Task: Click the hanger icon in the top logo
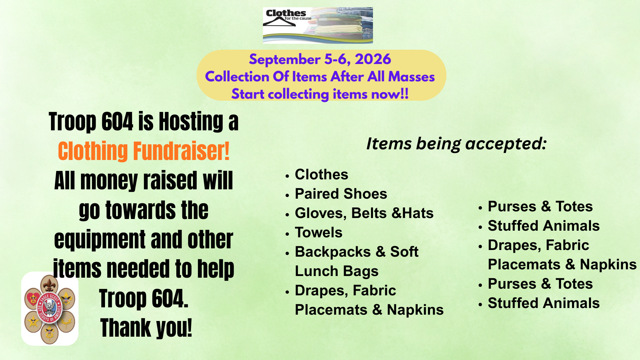coord(279,22)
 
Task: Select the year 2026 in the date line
coord(373,59)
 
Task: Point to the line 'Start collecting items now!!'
coord(320,94)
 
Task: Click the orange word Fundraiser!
coord(181,151)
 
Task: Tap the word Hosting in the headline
coord(191,122)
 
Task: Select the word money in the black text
coord(109,181)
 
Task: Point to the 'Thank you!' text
coord(146,328)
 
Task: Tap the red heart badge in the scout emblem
coord(33,296)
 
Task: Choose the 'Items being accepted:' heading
coord(456,144)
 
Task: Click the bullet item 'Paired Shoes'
coord(341,194)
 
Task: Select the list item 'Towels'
coord(318,232)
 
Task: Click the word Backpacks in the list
coord(333,252)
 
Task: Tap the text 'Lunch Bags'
coord(337,271)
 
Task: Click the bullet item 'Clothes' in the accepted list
coord(321,174)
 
